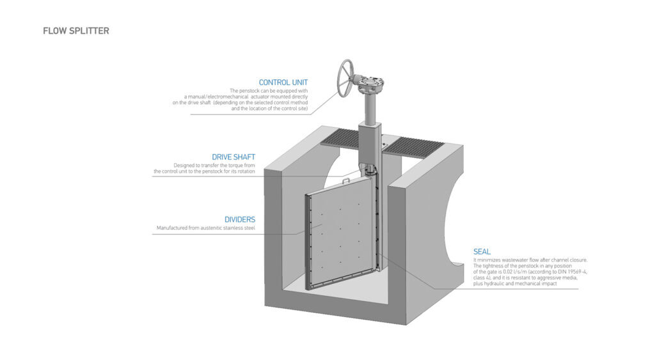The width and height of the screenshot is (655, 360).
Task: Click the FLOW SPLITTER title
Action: [x=76, y=31]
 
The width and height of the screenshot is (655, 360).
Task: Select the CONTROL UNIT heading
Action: [x=283, y=82]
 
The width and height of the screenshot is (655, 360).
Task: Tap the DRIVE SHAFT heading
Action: [x=233, y=157]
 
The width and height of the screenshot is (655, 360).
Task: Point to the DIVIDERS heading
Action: [x=240, y=219]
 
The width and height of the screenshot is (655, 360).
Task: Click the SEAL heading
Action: [x=482, y=252]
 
